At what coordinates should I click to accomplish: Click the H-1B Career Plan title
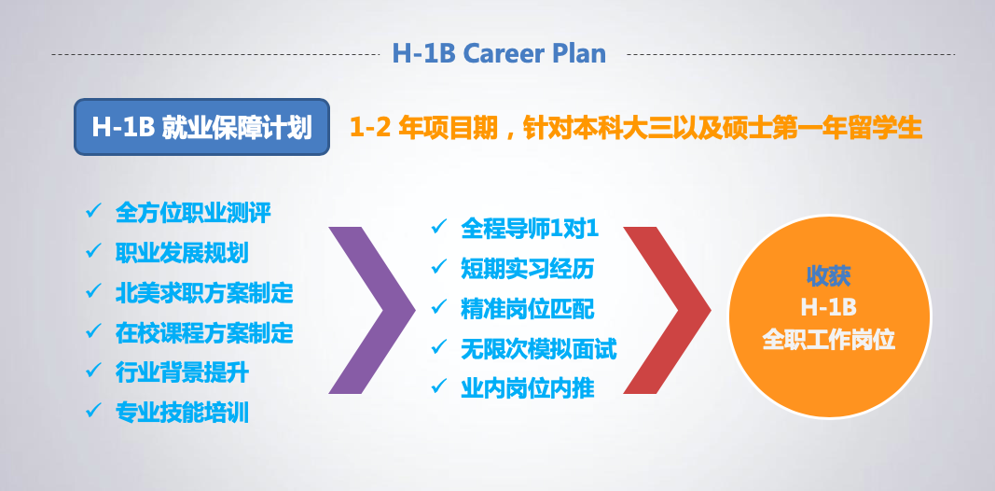tap(499, 53)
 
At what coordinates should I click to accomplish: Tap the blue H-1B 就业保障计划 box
tap(201, 127)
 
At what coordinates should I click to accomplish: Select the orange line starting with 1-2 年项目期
tap(636, 128)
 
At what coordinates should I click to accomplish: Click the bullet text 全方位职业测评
tap(193, 213)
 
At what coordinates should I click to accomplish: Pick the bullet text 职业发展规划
tap(182, 253)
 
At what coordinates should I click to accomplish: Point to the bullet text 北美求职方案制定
tap(204, 293)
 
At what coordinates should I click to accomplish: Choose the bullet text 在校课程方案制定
tap(204, 333)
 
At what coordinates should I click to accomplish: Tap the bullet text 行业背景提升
tap(182, 372)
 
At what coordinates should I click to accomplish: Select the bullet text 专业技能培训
tap(182, 413)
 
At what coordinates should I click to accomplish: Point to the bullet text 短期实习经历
tap(528, 269)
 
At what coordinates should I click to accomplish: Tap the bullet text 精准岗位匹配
tap(528, 309)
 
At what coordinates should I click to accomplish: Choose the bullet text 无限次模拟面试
tap(539, 349)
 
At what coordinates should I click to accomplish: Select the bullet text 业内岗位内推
tap(528, 388)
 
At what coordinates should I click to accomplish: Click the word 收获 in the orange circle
tap(829, 275)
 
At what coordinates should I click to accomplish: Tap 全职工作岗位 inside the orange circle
tap(829, 341)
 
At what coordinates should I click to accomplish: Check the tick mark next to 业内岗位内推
tap(439, 385)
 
